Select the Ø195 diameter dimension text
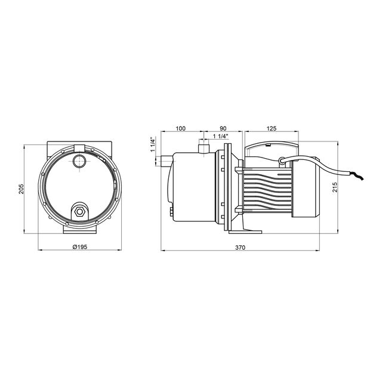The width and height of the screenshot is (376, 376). click(x=80, y=246)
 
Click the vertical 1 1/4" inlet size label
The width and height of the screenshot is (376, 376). click(x=153, y=145)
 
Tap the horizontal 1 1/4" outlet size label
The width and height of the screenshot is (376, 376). click(x=221, y=137)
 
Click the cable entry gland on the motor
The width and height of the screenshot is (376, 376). click(x=281, y=159)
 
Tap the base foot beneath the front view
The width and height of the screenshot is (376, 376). click(x=79, y=228)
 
